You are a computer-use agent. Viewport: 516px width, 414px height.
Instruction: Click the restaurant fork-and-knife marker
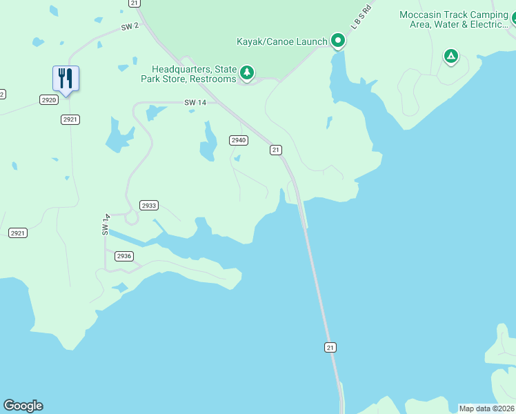[66, 79]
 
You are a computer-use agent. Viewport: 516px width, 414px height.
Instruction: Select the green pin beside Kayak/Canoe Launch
[338, 41]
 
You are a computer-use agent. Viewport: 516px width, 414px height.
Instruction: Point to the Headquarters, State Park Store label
[194, 74]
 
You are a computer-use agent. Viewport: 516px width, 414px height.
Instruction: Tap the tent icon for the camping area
[450, 56]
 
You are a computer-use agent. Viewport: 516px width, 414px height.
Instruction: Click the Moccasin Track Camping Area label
[454, 20]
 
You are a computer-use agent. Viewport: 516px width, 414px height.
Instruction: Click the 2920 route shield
[48, 100]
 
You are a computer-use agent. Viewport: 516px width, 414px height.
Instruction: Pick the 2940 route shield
[238, 140]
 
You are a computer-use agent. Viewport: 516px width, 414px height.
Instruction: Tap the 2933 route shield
[149, 205]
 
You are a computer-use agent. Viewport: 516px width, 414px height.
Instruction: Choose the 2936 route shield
[123, 256]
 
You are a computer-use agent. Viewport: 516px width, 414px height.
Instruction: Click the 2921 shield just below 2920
[70, 119]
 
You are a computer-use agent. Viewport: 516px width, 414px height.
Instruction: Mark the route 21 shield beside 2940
[276, 150]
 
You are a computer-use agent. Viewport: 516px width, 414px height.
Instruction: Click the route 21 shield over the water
[330, 347]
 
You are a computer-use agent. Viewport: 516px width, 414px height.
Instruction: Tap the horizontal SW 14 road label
[195, 102]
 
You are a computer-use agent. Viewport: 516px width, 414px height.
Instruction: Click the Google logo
[23, 406]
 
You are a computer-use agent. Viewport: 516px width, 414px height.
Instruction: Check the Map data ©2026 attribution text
[486, 408]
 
